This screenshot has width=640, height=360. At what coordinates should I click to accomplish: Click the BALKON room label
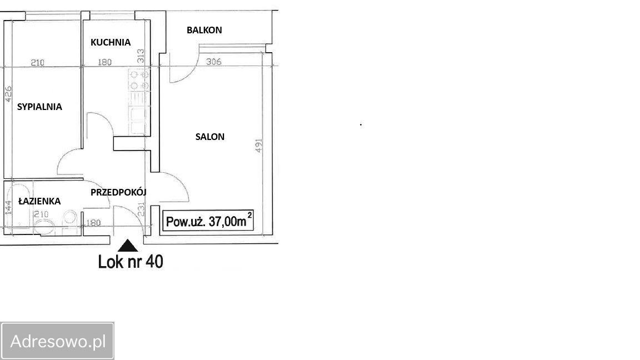coord(204,30)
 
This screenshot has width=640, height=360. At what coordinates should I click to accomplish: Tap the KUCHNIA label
coord(110,42)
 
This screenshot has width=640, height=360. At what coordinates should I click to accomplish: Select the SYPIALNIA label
coord(39,107)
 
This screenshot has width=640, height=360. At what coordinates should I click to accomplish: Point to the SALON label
coord(210,137)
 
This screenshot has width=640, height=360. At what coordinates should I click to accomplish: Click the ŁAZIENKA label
coord(39,201)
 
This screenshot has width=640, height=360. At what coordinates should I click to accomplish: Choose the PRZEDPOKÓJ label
coord(118,192)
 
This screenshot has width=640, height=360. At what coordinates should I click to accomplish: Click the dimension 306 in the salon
coord(214,62)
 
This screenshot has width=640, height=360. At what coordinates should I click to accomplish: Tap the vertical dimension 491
coord(258,146)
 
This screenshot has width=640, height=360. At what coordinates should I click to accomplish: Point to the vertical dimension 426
coord(8,93)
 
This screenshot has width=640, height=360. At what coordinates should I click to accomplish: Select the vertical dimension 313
coord(141,56)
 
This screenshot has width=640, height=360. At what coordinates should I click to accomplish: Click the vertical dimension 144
coord(8,207)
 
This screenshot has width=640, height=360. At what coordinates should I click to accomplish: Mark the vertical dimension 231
coord(141,209)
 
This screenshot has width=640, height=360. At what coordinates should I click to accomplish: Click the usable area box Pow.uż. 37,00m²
coord(208,221)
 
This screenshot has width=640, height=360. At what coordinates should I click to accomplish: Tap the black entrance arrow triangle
coord(128,246)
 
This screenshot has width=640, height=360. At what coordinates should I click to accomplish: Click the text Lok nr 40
coord(131,262)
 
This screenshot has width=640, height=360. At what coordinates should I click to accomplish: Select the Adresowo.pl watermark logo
coord(57,341)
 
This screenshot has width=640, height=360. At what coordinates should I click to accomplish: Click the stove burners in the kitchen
coord(138,79)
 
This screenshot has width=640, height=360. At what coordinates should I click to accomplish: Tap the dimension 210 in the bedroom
coord(37,62)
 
